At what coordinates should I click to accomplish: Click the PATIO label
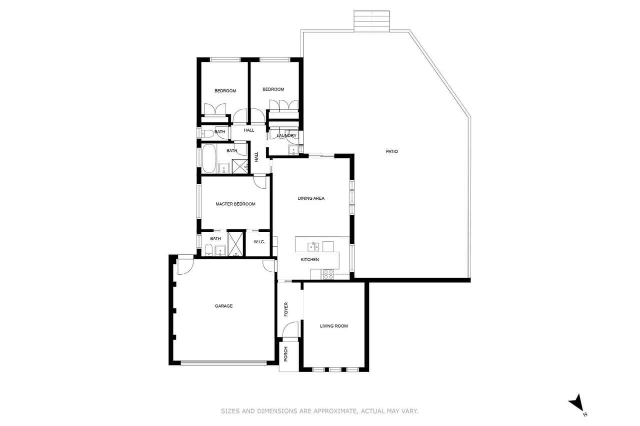pyautogui.click(x=391, y=151)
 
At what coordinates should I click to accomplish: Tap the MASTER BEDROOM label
pyautogui.click(x=235, y=204)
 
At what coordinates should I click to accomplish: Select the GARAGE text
pyautogui.click(x=223, y=306)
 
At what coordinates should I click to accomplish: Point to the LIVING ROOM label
pyautogui.click(x=333, y=326)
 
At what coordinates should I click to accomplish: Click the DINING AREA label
pyautogui.click(x=311, y=198)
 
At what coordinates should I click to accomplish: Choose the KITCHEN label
pyautogui.click(x=309, y=259)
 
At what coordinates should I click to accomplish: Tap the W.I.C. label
pyautogui.click(x=259, y=242)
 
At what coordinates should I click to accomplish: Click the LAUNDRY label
pyautogui.click(x=286, y=135)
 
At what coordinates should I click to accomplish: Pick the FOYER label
pyautogui.click(x=286, y=309)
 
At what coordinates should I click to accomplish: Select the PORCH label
pyautogui.click(x=285, y=354)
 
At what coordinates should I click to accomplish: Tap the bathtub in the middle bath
pyautogui.click(x=208, y=158)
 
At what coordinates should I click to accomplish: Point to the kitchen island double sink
pyautogui.click(x=313, y=247)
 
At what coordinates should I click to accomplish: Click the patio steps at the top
pyautogui.click(x=371, y=21)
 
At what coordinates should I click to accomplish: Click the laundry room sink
pyautogui.click(x=293, y=150)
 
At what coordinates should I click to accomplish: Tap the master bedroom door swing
pyautogui.click(x=259, y=182)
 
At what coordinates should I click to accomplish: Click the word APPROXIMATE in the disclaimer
pyautogui.click(x=334, y=411)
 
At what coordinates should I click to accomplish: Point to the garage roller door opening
pyautogui.click(x=223, y=363)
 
